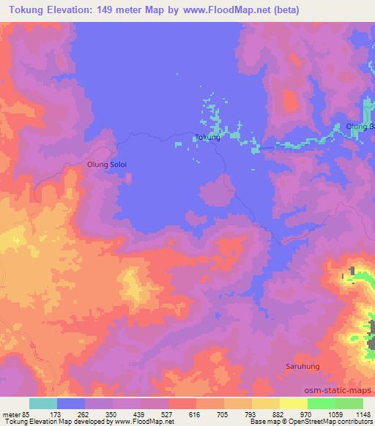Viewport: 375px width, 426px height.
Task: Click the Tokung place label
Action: click(x=207, y=137)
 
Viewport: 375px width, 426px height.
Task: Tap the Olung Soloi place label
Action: click(x=107, y=165)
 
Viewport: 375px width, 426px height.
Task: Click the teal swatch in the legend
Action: click(x=43, y=403)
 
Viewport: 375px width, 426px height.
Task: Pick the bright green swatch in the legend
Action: click(x=321, y=403)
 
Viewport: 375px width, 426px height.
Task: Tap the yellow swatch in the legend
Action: click(x=293, y=403)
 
